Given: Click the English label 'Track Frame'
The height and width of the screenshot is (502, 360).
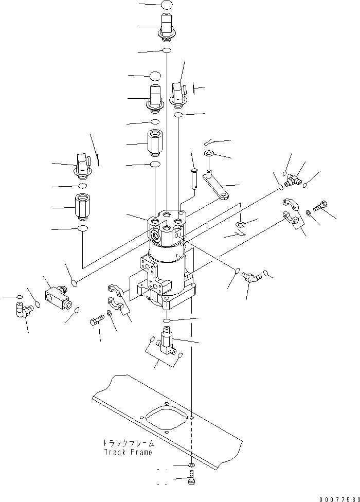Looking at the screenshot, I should [x=128, y=452].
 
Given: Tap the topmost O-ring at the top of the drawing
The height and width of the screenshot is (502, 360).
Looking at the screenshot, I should [x=166, y=5].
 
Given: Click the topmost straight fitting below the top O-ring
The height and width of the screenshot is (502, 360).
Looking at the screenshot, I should [x=167, y=26].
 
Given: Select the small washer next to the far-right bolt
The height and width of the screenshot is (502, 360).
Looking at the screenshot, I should [x=308, y=211].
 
